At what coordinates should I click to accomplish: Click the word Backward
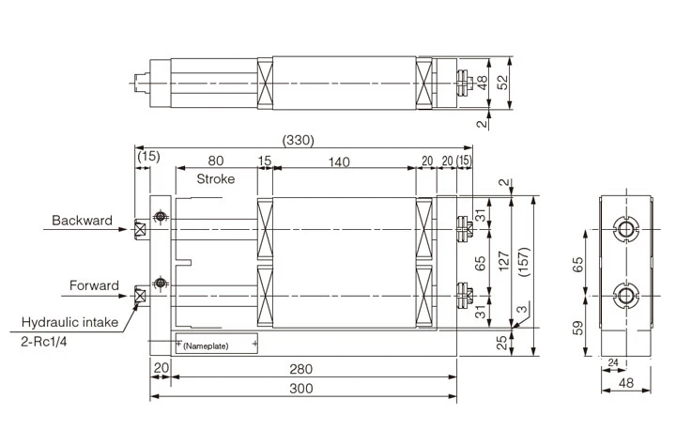pyautogui.click(x=82, y=222)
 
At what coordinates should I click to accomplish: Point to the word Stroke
pyautogui.click(x=215, y=178)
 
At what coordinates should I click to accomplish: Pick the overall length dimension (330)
pyautogui.click(x=298, y=140)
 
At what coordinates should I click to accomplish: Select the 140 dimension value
pyautogui.click(x=339, y=162)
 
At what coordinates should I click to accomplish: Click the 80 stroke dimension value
pyautogui.click(x=215, y=162)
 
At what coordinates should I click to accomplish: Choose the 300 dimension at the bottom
pyautogui.click(x=301, y=389)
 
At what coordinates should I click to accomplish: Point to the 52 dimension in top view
pyautogui.click(x=503, y=83)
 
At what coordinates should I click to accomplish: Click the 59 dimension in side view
pyautogui.click(x=579, y=328)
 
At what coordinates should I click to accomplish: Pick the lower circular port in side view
pyautogui.click(x=625, y=297)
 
